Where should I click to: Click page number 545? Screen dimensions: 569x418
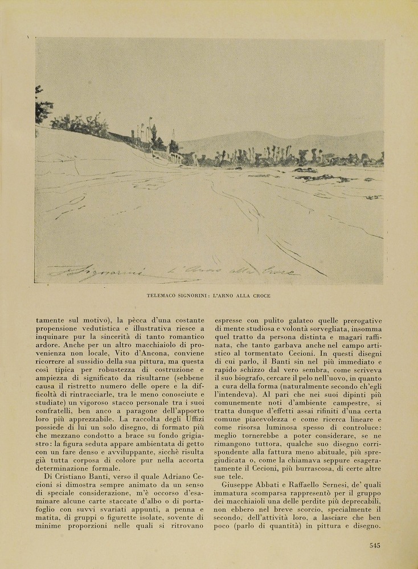click(x=374, y=545)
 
